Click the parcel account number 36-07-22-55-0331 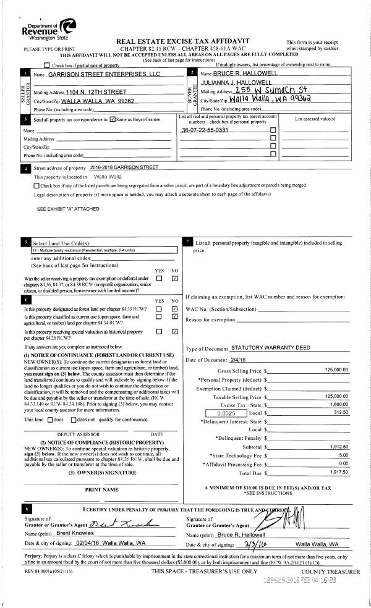click(x=205, y=130)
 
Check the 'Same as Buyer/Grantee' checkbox click(x=112, y=119)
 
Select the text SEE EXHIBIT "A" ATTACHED click(x=68, y=209)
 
